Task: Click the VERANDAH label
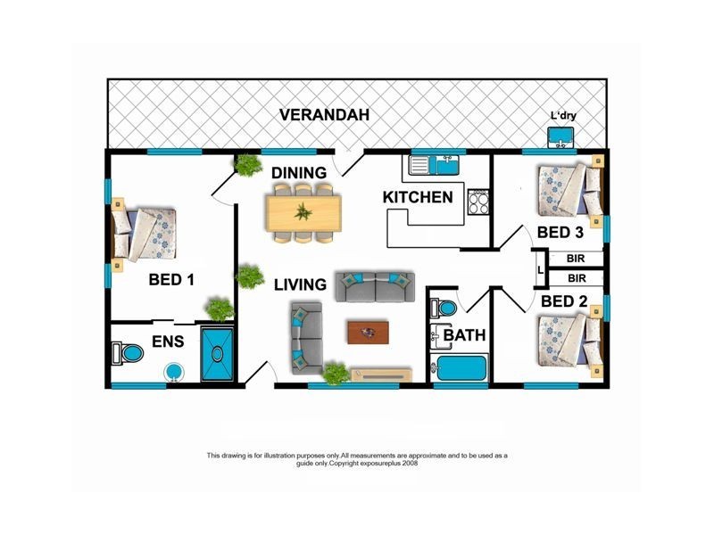[x=324, y=115]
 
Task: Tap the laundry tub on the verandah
[x=560, y=137]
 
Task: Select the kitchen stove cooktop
[x=478, y=202]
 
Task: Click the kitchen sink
[x=435, y=165]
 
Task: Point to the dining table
[x=303, y=213]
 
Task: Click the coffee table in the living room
[x=368, y=333]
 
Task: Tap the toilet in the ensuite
[x=127, y=353]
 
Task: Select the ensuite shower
[x=217, y=354]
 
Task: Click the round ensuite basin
[x=174, y=372]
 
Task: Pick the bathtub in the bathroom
[x=459, y=368]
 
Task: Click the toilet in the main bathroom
[x=443, y=308]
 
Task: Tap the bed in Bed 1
[x=144, y=235]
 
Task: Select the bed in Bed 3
[x=570, y=190]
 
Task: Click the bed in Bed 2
[x=570, y=341]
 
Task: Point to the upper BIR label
[x=576, y=259]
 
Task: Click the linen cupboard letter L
[x=541, y=270]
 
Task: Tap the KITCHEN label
[x=418, y=197]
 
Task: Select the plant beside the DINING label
[x=249, y=165]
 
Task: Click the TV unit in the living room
[x=382, y=375]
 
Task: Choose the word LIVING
[x=300, y=284]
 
